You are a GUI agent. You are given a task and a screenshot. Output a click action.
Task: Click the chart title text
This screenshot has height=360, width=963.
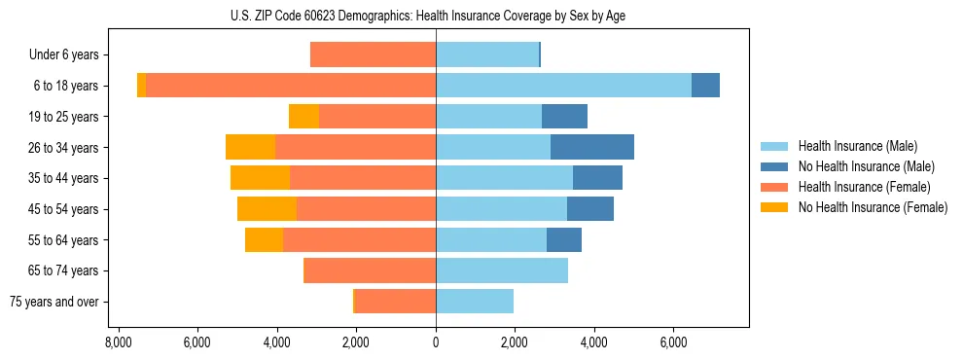pos(435,16)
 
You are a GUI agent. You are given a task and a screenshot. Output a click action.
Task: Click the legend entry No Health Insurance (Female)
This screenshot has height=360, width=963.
pos(873,207)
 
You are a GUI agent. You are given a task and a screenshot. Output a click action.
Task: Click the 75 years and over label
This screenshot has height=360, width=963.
pos(54,302)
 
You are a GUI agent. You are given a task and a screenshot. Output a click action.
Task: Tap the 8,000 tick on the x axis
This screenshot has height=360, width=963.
pos(118,343)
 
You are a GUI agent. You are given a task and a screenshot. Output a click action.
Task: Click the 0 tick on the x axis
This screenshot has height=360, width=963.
pos(436,343)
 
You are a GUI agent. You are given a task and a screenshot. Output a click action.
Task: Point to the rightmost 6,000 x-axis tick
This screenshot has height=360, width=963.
pos(673,343)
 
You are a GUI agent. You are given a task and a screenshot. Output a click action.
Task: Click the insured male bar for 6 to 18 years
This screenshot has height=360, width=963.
pos(563,86)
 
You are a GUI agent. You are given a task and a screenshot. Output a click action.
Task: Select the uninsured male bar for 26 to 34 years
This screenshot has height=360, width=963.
pos(592,147)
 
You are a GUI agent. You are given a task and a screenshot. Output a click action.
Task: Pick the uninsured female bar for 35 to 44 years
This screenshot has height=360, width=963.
pos(260,178)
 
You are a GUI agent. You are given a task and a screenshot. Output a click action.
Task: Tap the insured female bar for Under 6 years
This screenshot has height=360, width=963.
pos(373,54)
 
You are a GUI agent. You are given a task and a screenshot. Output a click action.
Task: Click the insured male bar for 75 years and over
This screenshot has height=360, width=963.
pos(475,302)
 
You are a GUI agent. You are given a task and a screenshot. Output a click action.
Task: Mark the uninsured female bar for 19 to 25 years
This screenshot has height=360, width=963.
pos(303,117)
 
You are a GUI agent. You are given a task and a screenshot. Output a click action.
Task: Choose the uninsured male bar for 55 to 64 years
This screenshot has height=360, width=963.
pos(564,239)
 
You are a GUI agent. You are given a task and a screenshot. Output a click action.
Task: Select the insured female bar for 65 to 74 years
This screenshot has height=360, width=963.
pos(370,270)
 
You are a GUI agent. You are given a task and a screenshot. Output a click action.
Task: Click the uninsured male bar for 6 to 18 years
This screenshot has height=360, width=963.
pos(705,86)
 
